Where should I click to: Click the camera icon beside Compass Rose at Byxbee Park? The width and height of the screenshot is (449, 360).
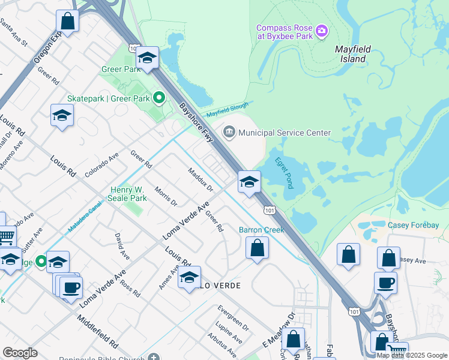(x=322, y=30)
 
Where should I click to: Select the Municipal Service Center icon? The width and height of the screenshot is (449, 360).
(x=229, y=132)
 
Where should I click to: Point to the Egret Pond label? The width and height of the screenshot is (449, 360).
(x=283, y=172)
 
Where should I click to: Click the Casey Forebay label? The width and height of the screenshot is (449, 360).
(x=413, y=225)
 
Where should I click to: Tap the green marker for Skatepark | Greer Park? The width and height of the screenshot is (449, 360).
(x=158, y=97)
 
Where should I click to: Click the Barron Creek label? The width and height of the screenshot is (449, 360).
(x=261, y=229)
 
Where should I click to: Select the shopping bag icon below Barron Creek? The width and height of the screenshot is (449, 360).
(x=257, y=248)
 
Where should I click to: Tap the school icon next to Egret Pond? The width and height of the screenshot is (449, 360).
(x=249, y=182)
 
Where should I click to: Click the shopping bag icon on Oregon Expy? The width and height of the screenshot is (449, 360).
(x=69, y=22)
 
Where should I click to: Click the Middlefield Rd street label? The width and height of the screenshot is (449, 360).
(x=97, y=328)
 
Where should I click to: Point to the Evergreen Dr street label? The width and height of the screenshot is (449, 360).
(x=233, y=319)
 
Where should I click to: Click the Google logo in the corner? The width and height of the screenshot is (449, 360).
(x=20, y=353)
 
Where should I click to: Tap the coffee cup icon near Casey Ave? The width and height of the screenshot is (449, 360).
(x=385, y=282)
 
